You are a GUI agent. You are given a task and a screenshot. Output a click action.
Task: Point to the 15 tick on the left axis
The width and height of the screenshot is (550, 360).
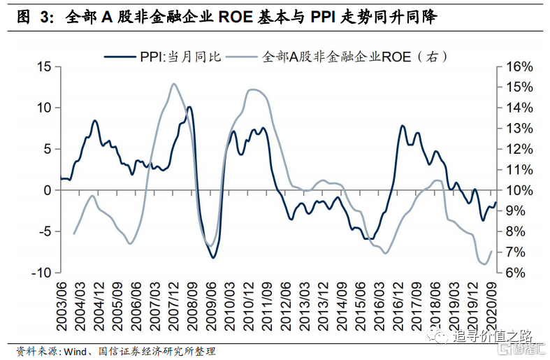45,66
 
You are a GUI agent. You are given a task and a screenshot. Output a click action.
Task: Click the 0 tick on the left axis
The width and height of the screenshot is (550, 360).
48,190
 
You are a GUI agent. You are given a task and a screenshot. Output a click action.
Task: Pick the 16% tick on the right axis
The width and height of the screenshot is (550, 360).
519,66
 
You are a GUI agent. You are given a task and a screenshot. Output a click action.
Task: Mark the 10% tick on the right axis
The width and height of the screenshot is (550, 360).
519,190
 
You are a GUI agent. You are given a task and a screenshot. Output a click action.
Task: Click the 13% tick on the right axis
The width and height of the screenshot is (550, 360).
519,128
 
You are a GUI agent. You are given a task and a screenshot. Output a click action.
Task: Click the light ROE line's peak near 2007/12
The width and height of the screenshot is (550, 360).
173,84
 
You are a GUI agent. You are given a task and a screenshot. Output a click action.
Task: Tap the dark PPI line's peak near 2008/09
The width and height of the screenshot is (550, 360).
189,107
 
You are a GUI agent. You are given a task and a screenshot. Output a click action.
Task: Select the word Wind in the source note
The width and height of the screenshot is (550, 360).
77,350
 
